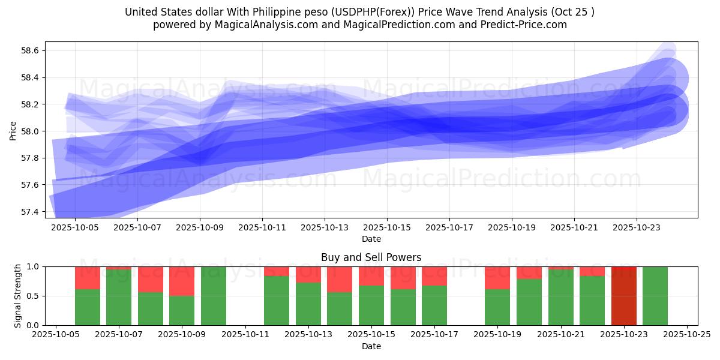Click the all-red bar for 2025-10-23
(x=623, y=296)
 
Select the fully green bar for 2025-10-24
(x=655, y=296)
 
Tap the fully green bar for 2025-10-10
(x=213, y=296)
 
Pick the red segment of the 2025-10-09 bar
(x=182, y=281)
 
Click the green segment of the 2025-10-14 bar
(x=340, y=308)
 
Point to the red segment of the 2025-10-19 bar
(x=497, y=277)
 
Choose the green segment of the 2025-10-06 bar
(x=88, y=307)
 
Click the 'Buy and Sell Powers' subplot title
(x=371, y=257)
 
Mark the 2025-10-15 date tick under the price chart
(x=387, y=228)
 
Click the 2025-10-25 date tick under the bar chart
(x=686, y=335)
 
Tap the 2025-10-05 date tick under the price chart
(x=75, y=228)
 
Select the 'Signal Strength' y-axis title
(x=18, y=296)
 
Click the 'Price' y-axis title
(x=13, y=130)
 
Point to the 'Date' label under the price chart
(x=371, y=239)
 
